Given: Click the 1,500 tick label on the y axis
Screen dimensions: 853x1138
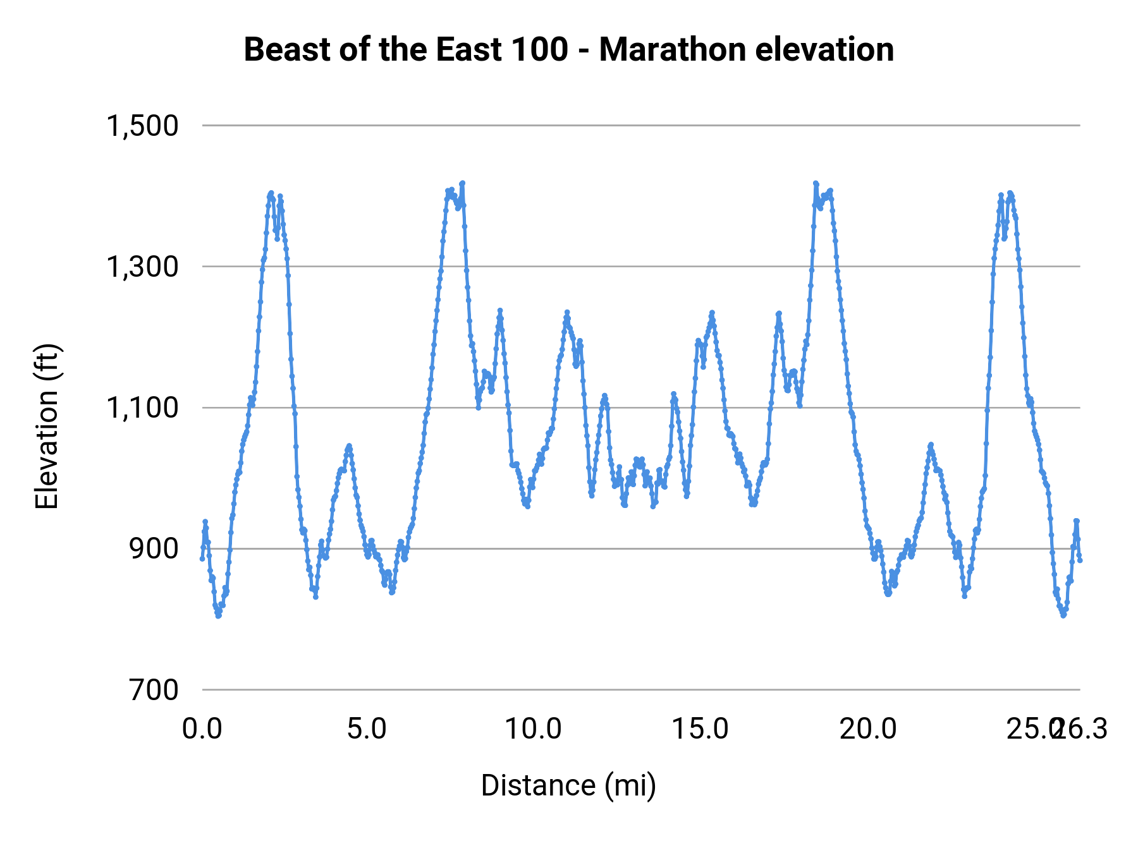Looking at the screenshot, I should pos(142,126).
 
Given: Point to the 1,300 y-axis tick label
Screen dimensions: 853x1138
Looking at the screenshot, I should pos(142,267).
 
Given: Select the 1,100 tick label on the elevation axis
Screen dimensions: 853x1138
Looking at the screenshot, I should pos(142,408).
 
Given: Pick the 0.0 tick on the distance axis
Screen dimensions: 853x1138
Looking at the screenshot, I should pos(202,729).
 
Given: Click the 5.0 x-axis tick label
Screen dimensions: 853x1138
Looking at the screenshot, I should pos(367,729).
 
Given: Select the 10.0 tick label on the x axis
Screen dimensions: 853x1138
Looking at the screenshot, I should pos(533,729).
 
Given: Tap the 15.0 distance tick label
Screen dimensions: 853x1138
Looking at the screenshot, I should pos(700,729).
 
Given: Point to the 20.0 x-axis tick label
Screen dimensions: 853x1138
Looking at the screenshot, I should pos(867,729).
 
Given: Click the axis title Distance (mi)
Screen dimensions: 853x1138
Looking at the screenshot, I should pos(568,785).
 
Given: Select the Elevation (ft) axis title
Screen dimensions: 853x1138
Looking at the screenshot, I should pos(47,426).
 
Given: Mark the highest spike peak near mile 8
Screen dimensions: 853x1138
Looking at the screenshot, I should pos(462,183).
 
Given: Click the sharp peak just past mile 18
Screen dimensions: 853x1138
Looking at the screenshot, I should pos(816,183).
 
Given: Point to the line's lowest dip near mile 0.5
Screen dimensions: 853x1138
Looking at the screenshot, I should pos(218,615).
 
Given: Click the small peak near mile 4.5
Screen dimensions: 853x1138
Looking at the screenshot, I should pos(348,446).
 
